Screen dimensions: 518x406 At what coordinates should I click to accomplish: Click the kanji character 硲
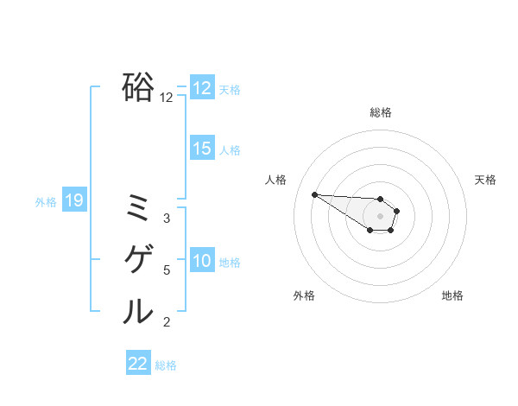(x=138, y=86)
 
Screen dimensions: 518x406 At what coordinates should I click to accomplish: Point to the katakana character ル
(x=138, y=311)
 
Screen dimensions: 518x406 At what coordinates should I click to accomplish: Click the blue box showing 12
(x=202, y=88)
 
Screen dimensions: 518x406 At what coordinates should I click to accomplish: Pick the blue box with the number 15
(x=202, y=149)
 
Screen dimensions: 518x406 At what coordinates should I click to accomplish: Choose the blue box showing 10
(x=202, y=261)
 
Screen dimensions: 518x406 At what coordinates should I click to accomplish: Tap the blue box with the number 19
(x=74, y=201)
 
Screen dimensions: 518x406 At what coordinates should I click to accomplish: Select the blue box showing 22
(x=138, y=364)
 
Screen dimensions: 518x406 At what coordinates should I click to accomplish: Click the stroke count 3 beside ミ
(x=167, y=219)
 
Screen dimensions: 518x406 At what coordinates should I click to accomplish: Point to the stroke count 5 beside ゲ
(x=167, y=270)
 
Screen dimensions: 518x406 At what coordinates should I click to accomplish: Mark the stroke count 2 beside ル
(x=167, y=322)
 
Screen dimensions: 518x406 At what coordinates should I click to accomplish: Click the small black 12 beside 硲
(x=167, y=98)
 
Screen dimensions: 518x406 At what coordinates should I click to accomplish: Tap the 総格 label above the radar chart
(x=381, y=112)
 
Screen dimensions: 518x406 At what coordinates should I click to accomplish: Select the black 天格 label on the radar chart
(x=485, y=180)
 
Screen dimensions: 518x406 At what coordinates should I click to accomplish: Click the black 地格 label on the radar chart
(x=452, y=295)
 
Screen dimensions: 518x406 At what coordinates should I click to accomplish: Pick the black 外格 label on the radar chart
(x=304, y=295)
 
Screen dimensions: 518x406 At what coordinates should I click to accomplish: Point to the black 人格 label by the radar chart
(x=276, y=180)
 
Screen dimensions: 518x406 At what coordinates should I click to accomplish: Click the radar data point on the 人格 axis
(x=314, y=194)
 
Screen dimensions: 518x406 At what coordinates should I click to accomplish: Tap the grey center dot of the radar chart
(x=381, y=216)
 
